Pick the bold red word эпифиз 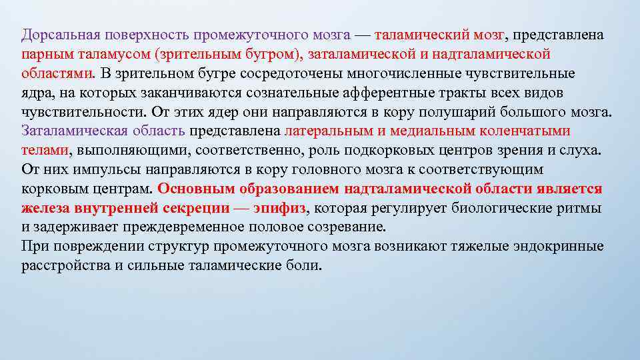tap(281, 209)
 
